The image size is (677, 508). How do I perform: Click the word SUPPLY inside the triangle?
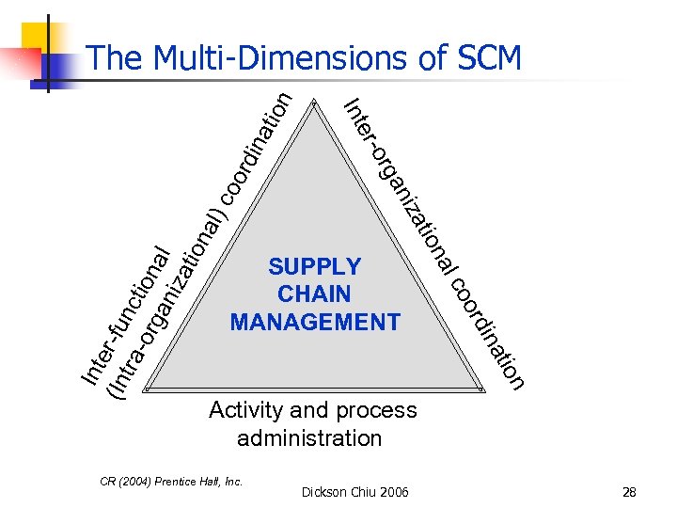click(314, 266)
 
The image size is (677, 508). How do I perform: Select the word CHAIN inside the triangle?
click(314, 294)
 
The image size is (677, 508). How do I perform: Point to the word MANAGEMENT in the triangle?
click(314, 322)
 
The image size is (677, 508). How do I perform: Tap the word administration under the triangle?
click(309, 438)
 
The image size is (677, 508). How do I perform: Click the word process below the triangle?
click(380, 411)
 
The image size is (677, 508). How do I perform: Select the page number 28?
click(629, 492)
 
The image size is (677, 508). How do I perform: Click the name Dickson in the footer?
click(323, 492)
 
